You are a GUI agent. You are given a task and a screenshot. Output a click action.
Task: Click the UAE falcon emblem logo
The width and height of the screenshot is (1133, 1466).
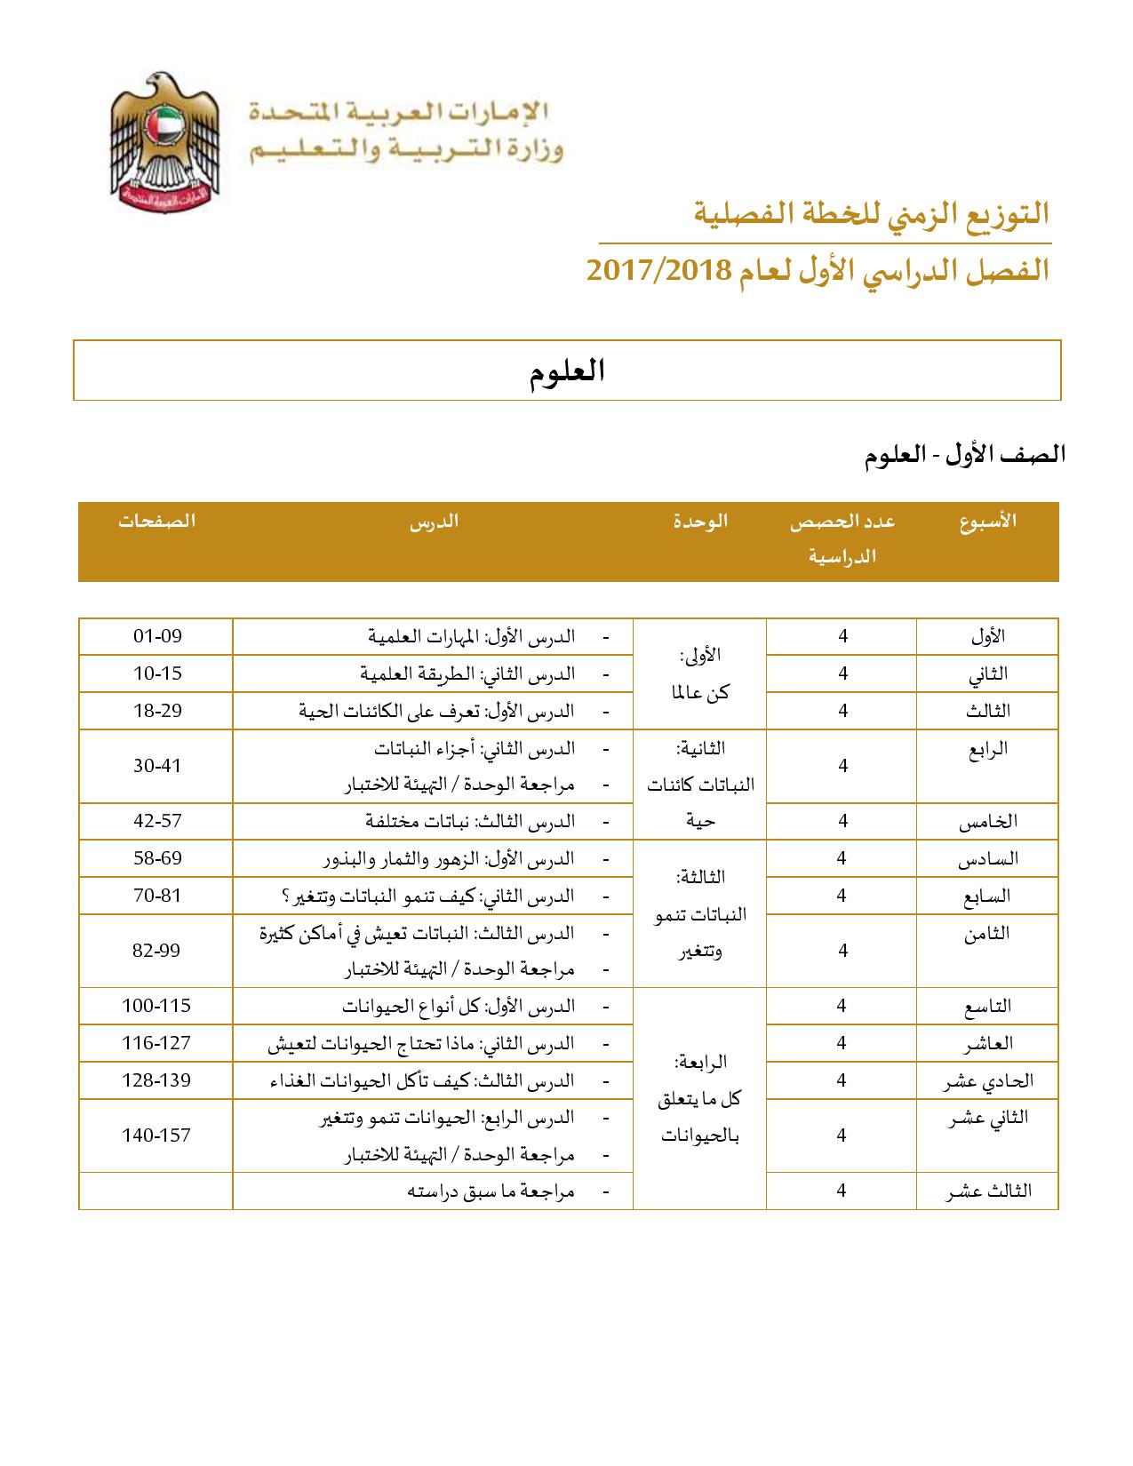165,138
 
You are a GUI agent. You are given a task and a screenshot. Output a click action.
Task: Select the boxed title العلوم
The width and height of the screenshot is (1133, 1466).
567,370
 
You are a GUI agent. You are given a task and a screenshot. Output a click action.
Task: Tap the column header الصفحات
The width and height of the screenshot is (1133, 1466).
156,522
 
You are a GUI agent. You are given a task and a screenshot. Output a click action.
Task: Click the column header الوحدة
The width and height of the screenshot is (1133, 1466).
700,522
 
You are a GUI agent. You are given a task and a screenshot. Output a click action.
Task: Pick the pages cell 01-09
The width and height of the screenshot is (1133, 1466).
156,636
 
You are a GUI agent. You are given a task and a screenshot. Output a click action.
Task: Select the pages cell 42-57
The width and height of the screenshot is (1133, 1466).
156,821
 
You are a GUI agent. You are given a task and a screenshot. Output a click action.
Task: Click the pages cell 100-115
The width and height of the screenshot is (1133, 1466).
156,1006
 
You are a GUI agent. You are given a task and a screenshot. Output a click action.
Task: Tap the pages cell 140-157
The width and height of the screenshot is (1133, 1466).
156,1135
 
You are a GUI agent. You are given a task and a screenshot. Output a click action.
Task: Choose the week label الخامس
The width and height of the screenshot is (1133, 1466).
987,822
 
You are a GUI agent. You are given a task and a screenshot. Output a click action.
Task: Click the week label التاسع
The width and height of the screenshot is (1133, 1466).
987,1007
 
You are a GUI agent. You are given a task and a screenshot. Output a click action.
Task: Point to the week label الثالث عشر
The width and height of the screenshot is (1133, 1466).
987,1191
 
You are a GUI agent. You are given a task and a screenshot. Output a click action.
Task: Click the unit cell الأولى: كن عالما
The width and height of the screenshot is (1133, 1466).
699,673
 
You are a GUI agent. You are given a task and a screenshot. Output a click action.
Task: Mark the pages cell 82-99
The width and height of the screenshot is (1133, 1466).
156,951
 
